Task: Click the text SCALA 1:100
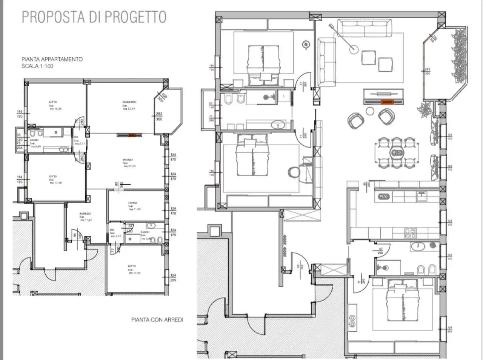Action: (x=37, y=66)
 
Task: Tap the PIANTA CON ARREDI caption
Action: (x=157, y=320)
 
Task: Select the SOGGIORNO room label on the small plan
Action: (x=129, y=102)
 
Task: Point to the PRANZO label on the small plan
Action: (x=128, y=160)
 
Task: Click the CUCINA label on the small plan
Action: (x=132, y=203)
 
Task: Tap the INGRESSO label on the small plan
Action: (x=85, y=214)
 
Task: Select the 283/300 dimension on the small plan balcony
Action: (x=159, y=116)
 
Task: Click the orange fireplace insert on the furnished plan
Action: (x=387, y=102)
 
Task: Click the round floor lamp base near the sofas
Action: (x=354, y=49)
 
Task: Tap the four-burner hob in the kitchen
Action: (x=410, y=233)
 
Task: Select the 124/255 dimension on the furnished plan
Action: (x=449, y=329)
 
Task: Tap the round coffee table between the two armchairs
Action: (x=370, y=111)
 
